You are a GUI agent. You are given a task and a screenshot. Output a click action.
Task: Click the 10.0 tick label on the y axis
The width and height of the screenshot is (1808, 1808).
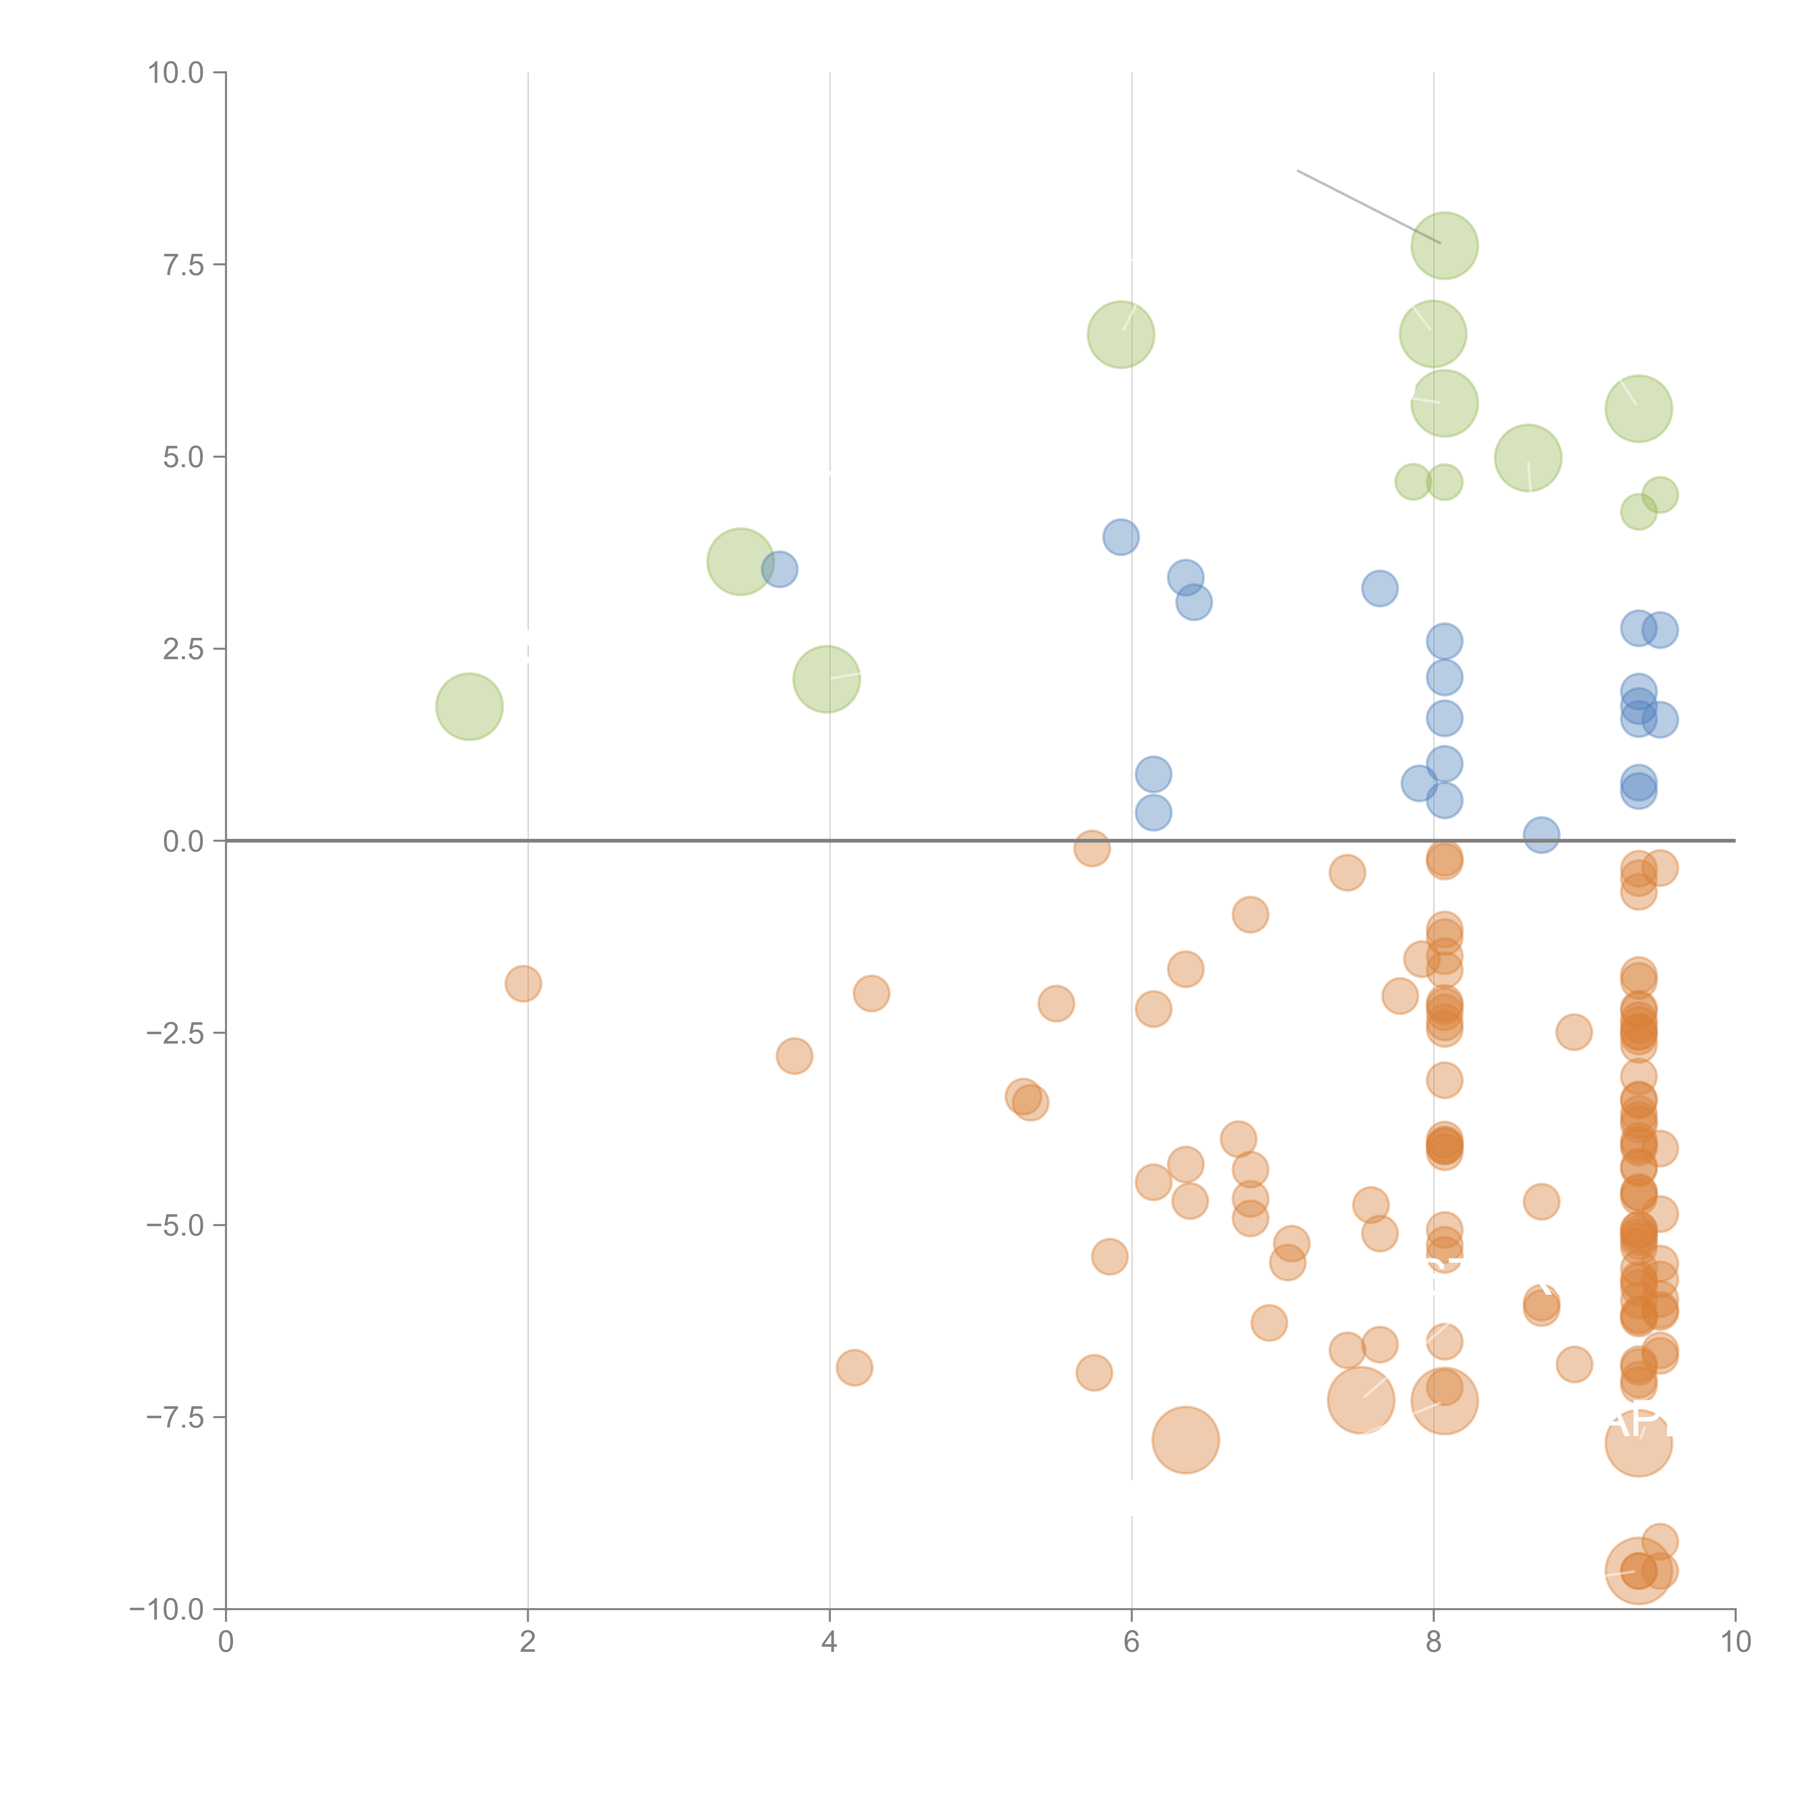pos(176,73)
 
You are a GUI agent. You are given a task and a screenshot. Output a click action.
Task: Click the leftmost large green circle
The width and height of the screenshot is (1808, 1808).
pos(469,707)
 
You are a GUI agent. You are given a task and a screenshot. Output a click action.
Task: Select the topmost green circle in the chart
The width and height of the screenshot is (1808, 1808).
pos(1444,246)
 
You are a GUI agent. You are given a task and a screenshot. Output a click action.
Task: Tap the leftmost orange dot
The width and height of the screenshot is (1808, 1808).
pos(523,984)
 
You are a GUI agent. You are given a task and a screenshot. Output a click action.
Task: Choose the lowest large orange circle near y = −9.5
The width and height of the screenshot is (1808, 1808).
pos(1638,1570)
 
